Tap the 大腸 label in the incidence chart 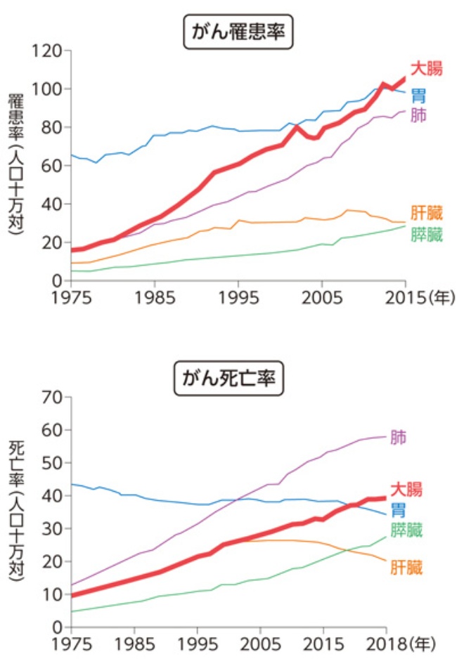coord(427,70)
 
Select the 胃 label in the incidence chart coord(418,95)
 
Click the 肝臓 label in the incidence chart coord(427,214)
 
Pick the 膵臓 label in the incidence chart coord(427,235)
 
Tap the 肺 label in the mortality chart coord(398,438)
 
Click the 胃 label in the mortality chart coord(398,509)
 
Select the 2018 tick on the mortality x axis coord(385,643)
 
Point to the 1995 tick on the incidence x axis coord(238,296)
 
